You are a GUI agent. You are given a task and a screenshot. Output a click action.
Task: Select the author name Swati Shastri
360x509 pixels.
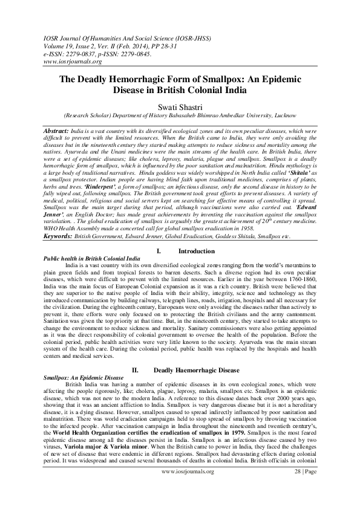coord(180,105)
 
